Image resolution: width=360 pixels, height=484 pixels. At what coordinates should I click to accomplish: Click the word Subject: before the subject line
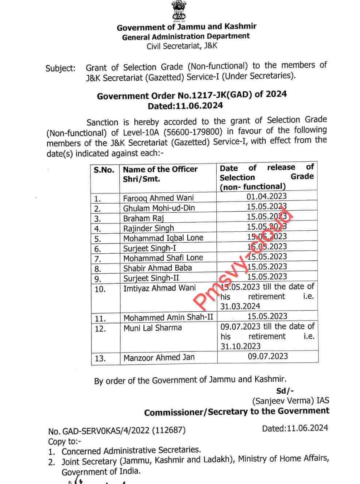click(x=61, y=68)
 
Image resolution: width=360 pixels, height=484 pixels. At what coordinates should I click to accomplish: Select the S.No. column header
click(x=104, y=170)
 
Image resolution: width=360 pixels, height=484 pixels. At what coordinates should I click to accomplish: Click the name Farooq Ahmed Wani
click(x=158, y=198)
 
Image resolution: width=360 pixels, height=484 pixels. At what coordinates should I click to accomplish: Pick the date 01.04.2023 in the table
click(x=267, y=197)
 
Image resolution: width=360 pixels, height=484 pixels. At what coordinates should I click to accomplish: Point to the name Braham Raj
click(x=143, y=218)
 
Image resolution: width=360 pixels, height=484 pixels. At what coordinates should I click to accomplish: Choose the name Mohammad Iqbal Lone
click(x=163, y=238)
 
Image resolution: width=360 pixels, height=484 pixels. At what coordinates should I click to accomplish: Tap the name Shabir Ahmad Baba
click(x=157, y=268)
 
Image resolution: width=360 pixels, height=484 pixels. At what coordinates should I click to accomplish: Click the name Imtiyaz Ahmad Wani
click(x=159, y=288)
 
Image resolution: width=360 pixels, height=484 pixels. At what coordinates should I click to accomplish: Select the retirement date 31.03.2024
click(x=240, y=306)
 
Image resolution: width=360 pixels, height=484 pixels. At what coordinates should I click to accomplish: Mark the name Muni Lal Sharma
click(x=152, y=328)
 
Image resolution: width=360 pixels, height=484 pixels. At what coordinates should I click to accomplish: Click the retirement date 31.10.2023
click(x=240, y=346)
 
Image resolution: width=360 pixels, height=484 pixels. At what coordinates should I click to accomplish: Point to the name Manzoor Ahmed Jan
click(x=159, y=357)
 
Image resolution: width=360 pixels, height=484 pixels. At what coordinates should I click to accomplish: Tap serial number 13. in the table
click(x=100, y=358)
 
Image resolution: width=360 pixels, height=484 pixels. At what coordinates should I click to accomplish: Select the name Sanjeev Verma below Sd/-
click(x=283, y=401)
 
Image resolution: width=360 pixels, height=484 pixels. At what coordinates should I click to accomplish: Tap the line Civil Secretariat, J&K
click(x=182, y=46)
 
